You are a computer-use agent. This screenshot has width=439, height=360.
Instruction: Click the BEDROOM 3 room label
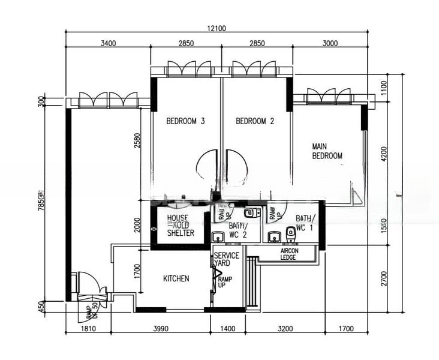[x=186, y=121]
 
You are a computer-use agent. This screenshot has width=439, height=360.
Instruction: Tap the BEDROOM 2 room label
[x=255, y=121]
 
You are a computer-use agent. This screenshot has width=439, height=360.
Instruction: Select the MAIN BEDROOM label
[x=327, y=151]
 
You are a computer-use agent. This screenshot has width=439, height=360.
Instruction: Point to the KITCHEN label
[x=176, y=278]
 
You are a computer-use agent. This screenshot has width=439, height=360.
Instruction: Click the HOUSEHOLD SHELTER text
[x=181, y=226]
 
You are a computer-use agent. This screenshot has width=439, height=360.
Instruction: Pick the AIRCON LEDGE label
[x=289, y=254]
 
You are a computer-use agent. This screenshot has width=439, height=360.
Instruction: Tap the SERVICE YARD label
[x=227, y=259]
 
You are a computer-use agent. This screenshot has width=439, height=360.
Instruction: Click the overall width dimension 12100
[x=217, y=28]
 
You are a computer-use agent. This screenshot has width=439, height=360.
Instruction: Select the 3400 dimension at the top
[x=108, y=43]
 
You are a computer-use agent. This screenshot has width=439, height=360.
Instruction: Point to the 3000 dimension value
[x=330, y=43]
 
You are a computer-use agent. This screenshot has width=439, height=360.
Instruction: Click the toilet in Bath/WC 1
[x=291, y=232]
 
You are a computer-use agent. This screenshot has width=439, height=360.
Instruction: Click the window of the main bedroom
[x=329, y=97]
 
